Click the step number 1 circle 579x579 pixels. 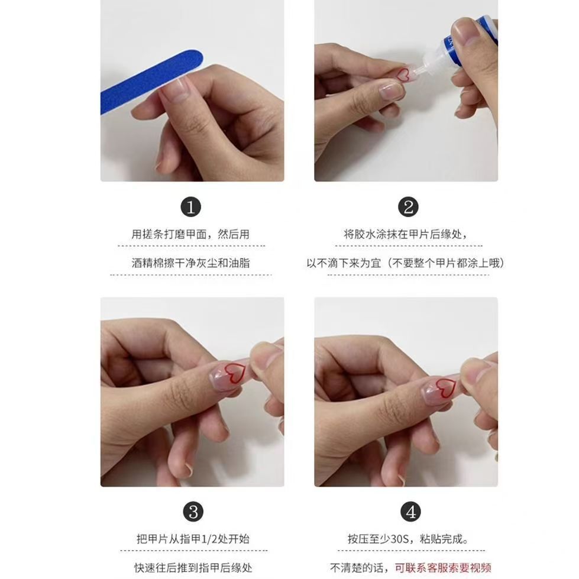point(190,207)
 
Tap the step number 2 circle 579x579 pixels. point(408,207)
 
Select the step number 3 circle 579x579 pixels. point(193,512)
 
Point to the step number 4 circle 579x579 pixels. point(410,512)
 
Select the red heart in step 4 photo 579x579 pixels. point(445,388)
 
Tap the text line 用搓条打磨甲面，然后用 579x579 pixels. point(190,234)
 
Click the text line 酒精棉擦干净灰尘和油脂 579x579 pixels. point(190,263)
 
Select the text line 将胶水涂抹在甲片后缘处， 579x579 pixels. point(406,234)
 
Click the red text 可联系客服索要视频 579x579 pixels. point(443,568)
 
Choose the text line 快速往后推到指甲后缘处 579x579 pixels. point(193,568)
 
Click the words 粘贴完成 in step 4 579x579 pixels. point(441,539)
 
